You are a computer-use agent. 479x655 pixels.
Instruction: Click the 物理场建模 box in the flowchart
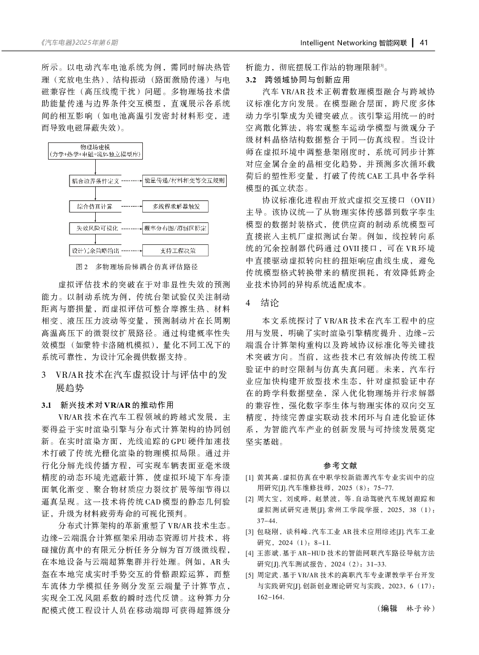tap(95, 151)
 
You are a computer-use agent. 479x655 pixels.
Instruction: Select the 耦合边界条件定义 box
tap(95, 181)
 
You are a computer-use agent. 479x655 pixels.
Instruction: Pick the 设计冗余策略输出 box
tap(95, 250)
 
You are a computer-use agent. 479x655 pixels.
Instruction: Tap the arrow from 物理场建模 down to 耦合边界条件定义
tap(95, 168)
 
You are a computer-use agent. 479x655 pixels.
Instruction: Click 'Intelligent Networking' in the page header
tap(338, 43)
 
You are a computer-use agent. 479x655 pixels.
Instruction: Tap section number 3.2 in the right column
tap(251, 80)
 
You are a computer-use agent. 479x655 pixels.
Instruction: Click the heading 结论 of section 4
tap(269, 303)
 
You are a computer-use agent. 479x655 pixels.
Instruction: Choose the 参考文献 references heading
tap(340, 465)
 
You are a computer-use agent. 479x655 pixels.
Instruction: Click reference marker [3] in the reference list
tap(249, 532)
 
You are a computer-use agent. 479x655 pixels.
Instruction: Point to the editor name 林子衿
tap(421, 608)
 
